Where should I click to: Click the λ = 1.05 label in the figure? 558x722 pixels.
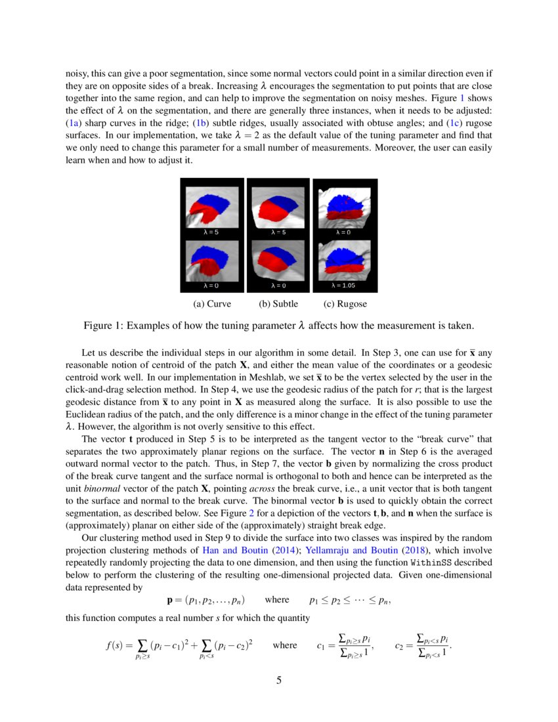point(345,286)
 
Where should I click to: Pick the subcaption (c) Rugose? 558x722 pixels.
point(345,304)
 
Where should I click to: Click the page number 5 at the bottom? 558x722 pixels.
point(279,681)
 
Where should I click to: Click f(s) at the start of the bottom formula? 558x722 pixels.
point(116,645)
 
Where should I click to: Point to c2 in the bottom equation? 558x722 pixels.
point(400,646)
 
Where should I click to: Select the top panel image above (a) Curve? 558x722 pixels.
point(211,206)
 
